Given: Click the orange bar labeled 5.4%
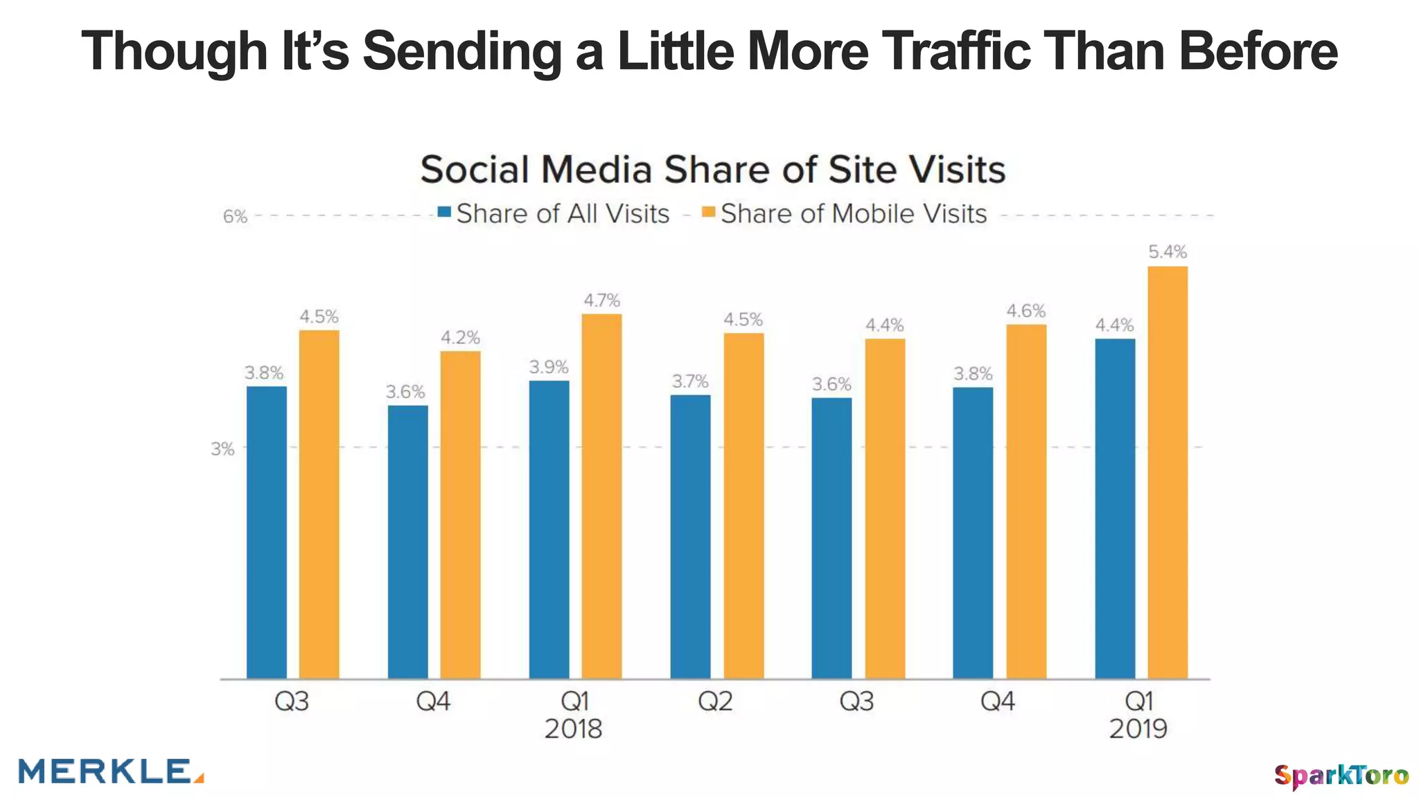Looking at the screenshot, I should (1167, 471).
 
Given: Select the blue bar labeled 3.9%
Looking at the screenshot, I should (549, 529).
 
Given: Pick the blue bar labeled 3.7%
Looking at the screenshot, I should (690, 536).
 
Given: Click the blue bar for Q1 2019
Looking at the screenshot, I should (1115, 508).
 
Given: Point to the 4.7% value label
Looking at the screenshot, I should (601, 301).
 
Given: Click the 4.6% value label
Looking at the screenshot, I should (1025, 311).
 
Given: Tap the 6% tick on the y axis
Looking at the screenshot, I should (235, 217).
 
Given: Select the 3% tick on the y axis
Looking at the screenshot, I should (222, 449).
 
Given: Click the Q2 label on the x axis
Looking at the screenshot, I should (715, 702).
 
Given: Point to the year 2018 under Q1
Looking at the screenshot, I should (573, 729).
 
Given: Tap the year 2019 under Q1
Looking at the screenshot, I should (1138, 729).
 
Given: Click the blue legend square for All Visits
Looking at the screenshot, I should (444, 212).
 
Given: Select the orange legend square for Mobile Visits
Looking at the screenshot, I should (708, 212).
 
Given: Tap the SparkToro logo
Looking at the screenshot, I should (1341, 775).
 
